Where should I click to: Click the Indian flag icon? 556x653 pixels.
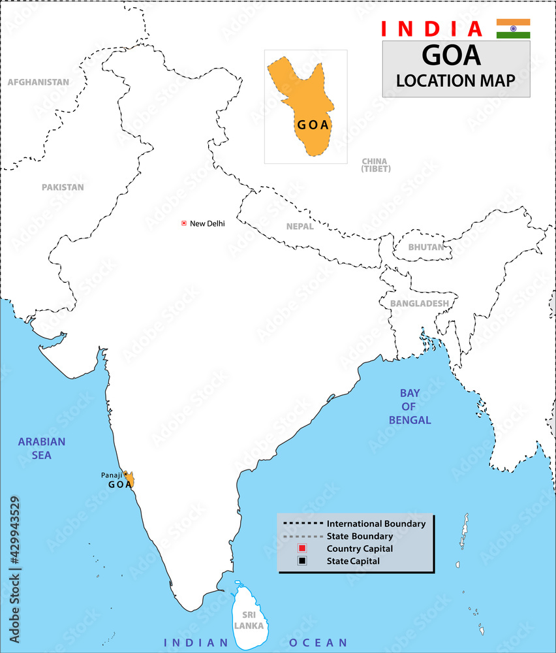(x=513, y=29)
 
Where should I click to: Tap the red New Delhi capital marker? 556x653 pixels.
(x=184, y=223)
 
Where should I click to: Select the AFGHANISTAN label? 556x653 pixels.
(x=39, y=82)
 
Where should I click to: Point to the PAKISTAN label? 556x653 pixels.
(x=63, y=187)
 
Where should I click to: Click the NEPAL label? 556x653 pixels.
(x=300, y=227)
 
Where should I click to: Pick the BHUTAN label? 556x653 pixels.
(x=425, y=247)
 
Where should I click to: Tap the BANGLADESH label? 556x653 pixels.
(x=419, y=304)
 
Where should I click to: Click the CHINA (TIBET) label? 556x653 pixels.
(x=376, y=165)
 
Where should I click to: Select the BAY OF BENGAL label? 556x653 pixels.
(x=410, y=406)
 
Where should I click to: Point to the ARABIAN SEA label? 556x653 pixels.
(x=42, y=448)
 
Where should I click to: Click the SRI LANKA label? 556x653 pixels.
(x=250, y=620)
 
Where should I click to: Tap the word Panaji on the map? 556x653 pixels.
(x=111, y=475)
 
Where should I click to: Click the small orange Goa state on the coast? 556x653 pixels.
(x=131, y=481)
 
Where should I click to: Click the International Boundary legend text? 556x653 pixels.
(x=376, y=524)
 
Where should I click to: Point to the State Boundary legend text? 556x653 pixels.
(x=360, y=536)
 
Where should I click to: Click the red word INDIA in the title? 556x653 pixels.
(x=431, y=29)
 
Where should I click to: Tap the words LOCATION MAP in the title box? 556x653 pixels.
(x=456, y=80)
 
